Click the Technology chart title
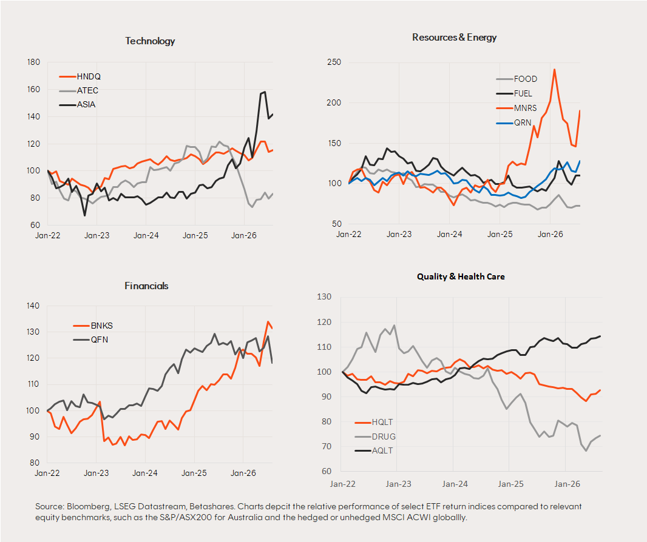(150, 41)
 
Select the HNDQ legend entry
(80, 76)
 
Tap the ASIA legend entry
(77, 105)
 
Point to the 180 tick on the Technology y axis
(33, 62)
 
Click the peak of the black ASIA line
(265, 92)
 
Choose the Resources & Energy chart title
(455, 38)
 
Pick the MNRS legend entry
(516, 108)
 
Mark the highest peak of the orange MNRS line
(554, 69)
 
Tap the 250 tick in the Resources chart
(334, 62)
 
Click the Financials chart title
(146, 286)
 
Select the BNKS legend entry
(93, 326)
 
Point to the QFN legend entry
(90, 340)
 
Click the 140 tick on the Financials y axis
(33, 306)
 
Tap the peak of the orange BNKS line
(268, 321)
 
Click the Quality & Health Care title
(461, 276)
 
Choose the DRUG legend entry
(375, 437)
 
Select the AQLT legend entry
(374, 450)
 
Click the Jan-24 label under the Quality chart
(455, 484)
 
